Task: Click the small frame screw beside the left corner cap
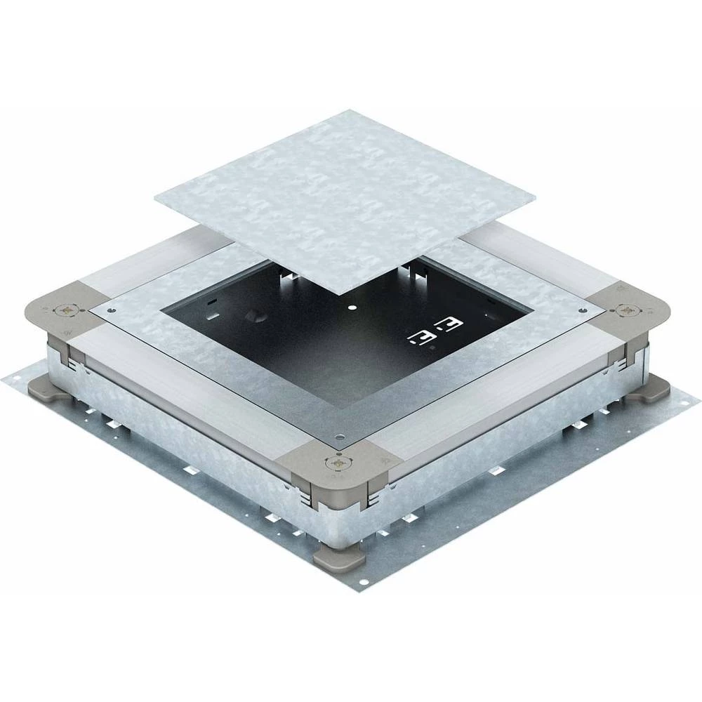coord(109,310)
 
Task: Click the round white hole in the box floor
coord(351,307)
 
